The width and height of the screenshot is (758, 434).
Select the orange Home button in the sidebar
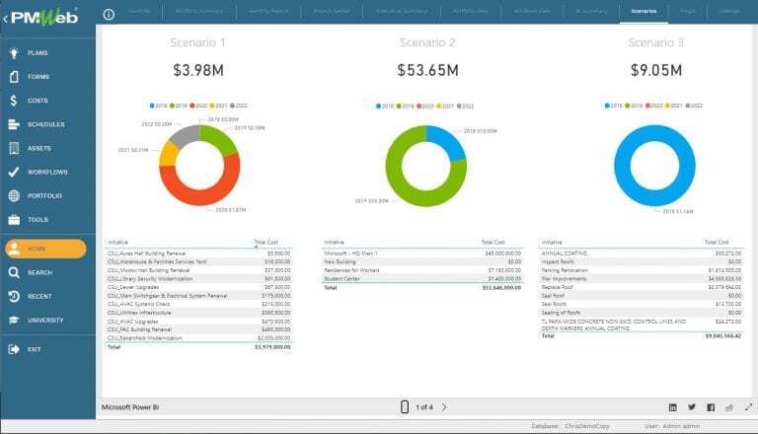click(x=45, y=249)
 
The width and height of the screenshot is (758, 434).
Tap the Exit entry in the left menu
click(x=35, y=349)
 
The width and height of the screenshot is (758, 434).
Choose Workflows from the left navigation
click(x=46, y=172)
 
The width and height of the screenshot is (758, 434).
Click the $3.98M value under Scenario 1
click(x=198, y=70)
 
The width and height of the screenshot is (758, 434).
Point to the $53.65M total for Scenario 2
click(x=426, y=70)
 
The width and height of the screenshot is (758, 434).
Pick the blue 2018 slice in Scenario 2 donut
click(x=446, y=140)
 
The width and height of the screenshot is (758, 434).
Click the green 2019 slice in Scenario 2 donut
click(x=405, y=182)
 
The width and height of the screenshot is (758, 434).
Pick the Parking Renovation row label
click(x=564, y=267)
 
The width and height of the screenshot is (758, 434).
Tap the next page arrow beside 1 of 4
click(x=444, y=406)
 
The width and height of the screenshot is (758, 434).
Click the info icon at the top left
click(x=109, y=14)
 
